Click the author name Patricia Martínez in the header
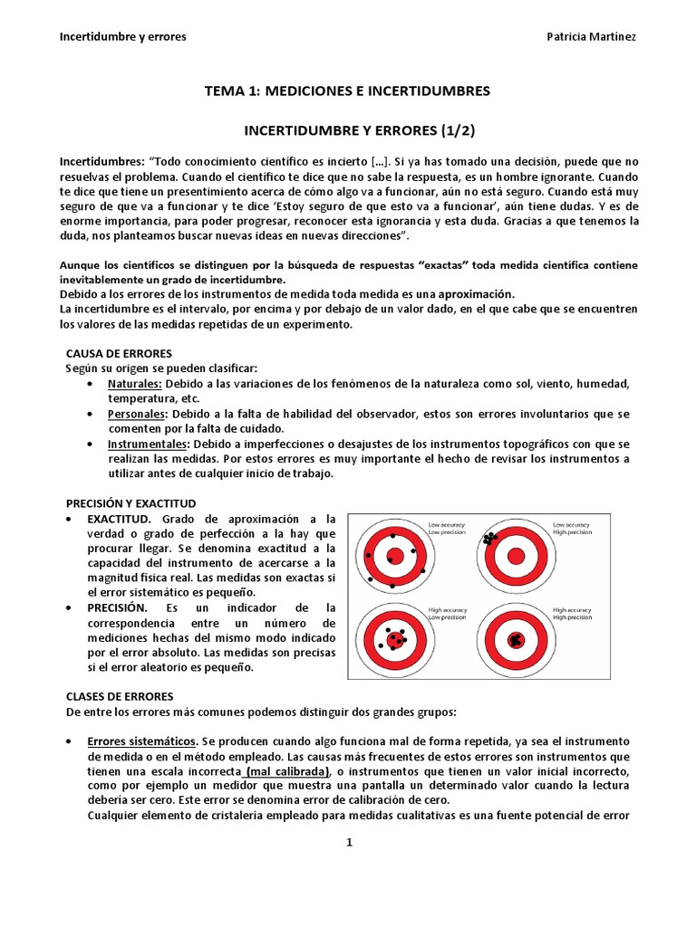[591, 36]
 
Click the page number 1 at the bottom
[348, 843]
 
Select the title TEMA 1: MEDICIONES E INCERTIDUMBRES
[348, 91]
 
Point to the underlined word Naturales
[134, 383]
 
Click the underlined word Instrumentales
[148, 444]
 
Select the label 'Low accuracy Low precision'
[444, 528]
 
